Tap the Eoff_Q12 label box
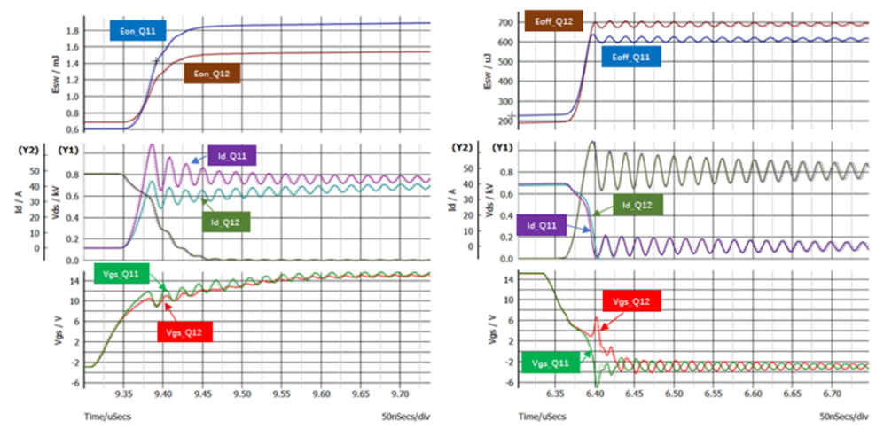coord(555,19)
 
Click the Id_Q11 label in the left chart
coord(231,157)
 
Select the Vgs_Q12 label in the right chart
coord(632,301)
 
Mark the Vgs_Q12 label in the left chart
coord(187,331)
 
